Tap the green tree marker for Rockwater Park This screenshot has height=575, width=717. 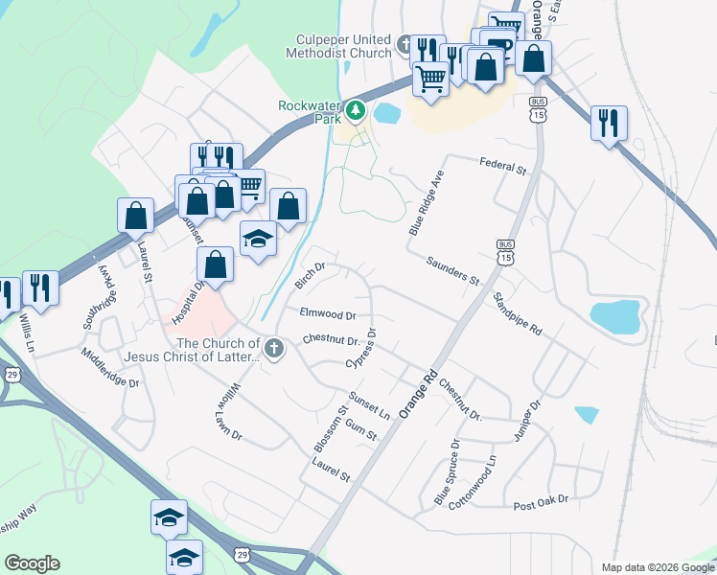(x=356, y=111)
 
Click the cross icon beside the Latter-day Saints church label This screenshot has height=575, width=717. (x=275, y=349)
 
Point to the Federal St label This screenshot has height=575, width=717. (x=504, y=169)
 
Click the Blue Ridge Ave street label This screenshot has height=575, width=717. (x=428, y=204)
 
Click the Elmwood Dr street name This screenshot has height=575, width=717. (x=328, y=313)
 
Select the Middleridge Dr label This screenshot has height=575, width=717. (x=110, y=368)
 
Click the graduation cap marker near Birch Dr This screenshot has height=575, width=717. (x=258, y=239)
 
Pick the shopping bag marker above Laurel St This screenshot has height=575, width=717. (x=135, y=216)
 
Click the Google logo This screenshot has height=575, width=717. (x=32, y=563)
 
